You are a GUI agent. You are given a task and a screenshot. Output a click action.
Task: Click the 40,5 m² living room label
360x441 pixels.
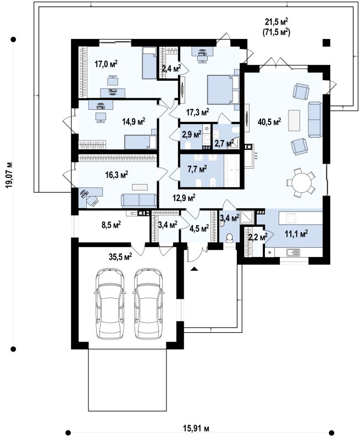269,121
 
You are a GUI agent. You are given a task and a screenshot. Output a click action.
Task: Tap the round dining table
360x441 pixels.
301,183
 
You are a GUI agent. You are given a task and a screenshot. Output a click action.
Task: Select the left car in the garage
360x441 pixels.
110,304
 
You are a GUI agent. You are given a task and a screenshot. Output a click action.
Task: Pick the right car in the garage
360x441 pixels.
148,304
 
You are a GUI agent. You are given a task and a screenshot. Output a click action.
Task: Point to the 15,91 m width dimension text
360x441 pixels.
196,428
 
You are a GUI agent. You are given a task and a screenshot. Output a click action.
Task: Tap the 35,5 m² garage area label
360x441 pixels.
120,256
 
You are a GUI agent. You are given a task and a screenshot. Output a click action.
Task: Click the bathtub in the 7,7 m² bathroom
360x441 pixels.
231,170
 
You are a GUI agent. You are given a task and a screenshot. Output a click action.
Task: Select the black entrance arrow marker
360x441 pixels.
194,269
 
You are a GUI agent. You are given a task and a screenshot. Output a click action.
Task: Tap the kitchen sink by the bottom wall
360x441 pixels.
293,252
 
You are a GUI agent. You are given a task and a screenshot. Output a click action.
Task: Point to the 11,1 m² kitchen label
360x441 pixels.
296,233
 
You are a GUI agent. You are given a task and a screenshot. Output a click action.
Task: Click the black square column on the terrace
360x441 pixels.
326,42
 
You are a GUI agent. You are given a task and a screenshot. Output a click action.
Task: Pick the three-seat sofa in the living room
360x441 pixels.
315,120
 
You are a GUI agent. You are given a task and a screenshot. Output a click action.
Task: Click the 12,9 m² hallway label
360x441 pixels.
184,198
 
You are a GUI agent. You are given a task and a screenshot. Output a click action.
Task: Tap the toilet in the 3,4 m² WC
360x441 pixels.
230,238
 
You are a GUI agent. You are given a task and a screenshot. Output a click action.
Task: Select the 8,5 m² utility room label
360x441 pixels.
111,225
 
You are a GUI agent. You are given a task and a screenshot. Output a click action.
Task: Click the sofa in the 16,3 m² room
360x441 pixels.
139,200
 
